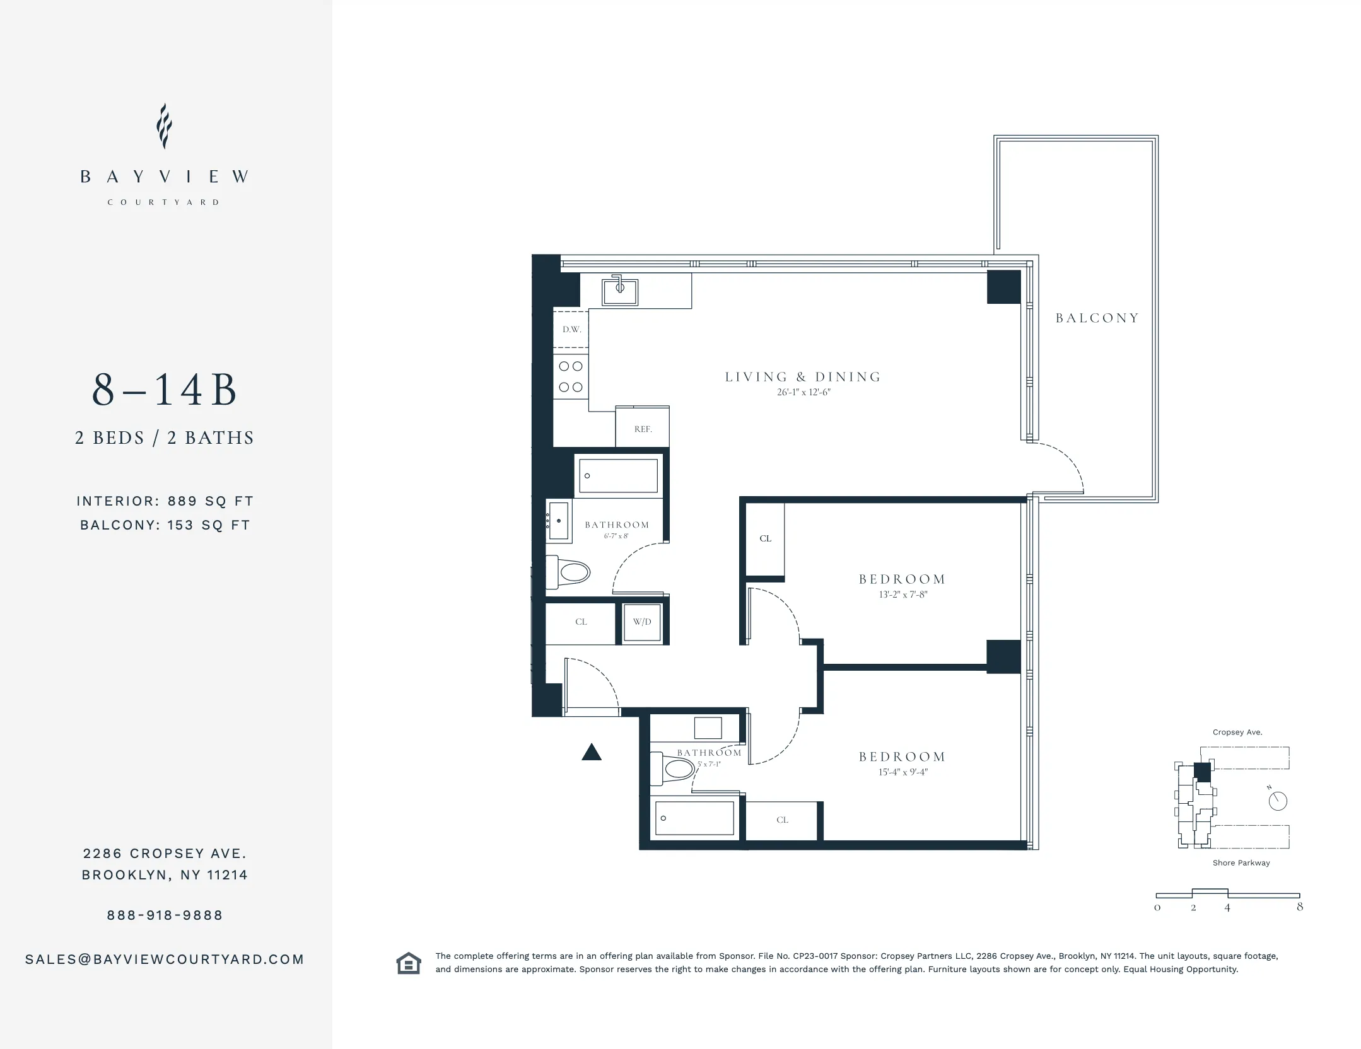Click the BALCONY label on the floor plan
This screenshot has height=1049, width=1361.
1097,318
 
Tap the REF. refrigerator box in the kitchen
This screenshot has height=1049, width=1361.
642,428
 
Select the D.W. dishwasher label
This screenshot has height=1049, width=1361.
571,329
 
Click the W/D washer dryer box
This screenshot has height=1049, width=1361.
642,622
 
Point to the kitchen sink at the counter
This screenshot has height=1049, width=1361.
619,291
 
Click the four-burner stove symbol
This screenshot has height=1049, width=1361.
571,376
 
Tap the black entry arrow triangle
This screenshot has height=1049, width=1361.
591,752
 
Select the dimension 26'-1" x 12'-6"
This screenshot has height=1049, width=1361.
803,392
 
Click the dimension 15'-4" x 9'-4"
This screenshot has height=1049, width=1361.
902,772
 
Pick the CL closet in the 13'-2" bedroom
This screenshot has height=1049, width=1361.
765,538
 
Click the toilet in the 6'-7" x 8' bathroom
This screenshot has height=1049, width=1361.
568,572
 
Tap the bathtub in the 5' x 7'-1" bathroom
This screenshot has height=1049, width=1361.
694,818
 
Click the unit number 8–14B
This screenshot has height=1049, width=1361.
164,390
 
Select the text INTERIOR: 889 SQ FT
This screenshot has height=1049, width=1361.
165,501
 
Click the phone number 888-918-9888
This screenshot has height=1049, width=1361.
165,915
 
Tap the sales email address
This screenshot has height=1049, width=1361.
165,959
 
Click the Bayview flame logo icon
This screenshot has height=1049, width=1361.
164,126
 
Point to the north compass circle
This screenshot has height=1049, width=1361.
1277,801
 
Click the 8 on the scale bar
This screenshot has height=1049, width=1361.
1299,907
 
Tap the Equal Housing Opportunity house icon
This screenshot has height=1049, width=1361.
408,963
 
